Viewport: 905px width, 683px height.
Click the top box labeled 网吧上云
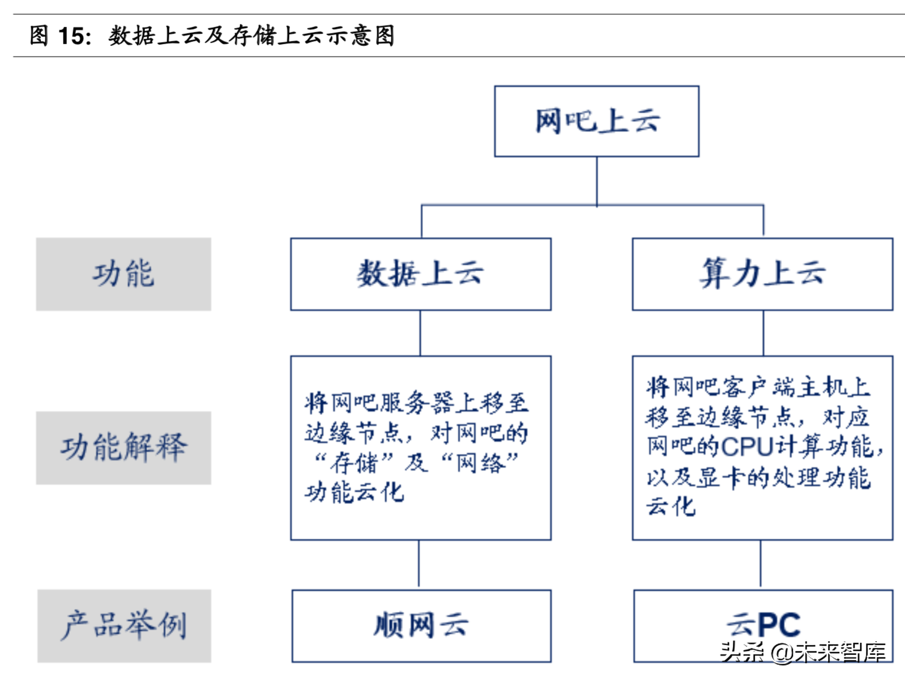596,121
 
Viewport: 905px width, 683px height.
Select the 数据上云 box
420,274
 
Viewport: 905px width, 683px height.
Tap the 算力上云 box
762,274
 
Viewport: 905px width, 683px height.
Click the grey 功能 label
123,274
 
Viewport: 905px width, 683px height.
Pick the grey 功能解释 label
123,447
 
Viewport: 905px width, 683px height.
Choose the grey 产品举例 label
123,625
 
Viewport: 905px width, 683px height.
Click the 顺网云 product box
421,625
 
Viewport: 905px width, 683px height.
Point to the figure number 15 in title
72,36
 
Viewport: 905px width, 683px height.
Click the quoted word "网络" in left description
480,463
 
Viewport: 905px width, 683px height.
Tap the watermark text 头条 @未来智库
803,652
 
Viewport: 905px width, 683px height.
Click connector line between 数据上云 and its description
420,333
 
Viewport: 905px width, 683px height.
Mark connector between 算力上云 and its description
763,333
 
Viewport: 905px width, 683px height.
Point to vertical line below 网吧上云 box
596,180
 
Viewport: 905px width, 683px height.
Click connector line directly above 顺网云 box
419,564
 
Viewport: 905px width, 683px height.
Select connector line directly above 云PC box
760,564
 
